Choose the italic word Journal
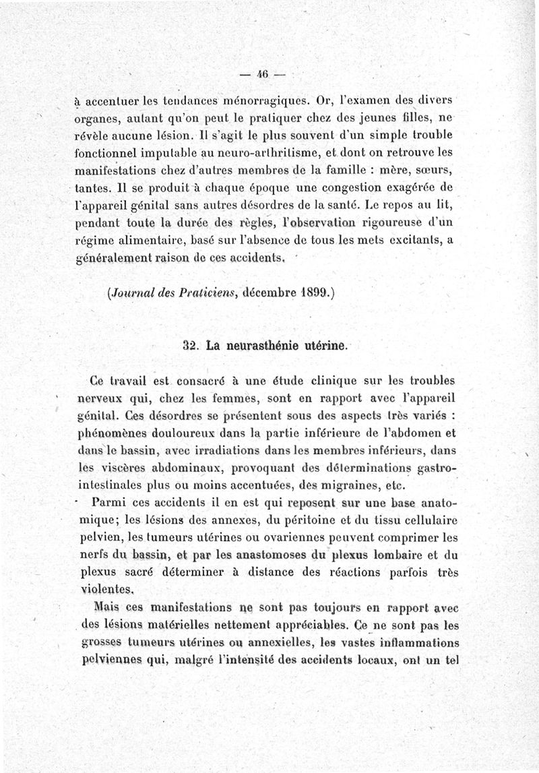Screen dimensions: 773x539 [x=132, y=293]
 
